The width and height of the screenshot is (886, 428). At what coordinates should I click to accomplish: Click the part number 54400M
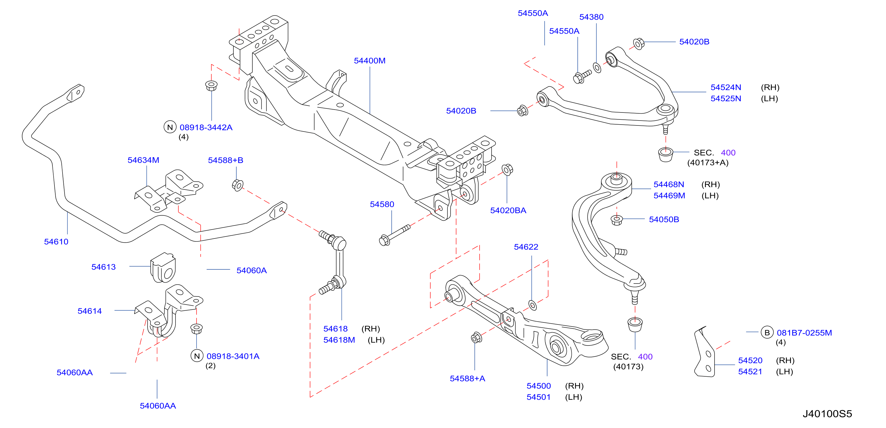(369, 61)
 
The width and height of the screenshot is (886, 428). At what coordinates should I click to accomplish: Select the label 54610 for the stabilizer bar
(56, 242)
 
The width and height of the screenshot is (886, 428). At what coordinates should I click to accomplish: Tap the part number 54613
(103, 267)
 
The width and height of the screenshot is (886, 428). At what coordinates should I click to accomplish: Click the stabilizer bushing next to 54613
(163, 268)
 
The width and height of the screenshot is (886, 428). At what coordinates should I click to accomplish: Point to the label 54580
(382, 204)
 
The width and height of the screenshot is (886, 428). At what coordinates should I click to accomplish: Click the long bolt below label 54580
(394, 235)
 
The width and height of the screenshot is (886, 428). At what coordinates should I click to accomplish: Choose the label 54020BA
(508, 210)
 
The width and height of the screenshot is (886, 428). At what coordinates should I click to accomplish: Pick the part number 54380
(591, 17)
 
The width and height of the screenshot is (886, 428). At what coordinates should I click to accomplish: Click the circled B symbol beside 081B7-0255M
(767, 332)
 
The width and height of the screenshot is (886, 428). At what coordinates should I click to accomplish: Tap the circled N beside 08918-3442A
(170, 127)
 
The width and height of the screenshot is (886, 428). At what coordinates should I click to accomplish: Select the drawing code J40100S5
(827, 414)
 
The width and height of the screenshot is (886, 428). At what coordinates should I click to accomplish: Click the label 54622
(526, 247)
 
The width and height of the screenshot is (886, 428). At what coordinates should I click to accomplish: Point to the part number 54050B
(664, 219)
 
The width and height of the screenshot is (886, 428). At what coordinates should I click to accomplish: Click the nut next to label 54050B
(616, 220)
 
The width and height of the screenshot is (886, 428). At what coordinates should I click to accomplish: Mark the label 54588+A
(467, 378)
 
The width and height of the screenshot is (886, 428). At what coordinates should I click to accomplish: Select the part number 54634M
(143, 160)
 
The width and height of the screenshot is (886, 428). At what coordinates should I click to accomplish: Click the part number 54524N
(726, 87)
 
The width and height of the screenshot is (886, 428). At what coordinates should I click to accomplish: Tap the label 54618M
(339, 340)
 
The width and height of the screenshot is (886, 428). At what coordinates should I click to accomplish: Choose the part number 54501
(538, 397)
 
